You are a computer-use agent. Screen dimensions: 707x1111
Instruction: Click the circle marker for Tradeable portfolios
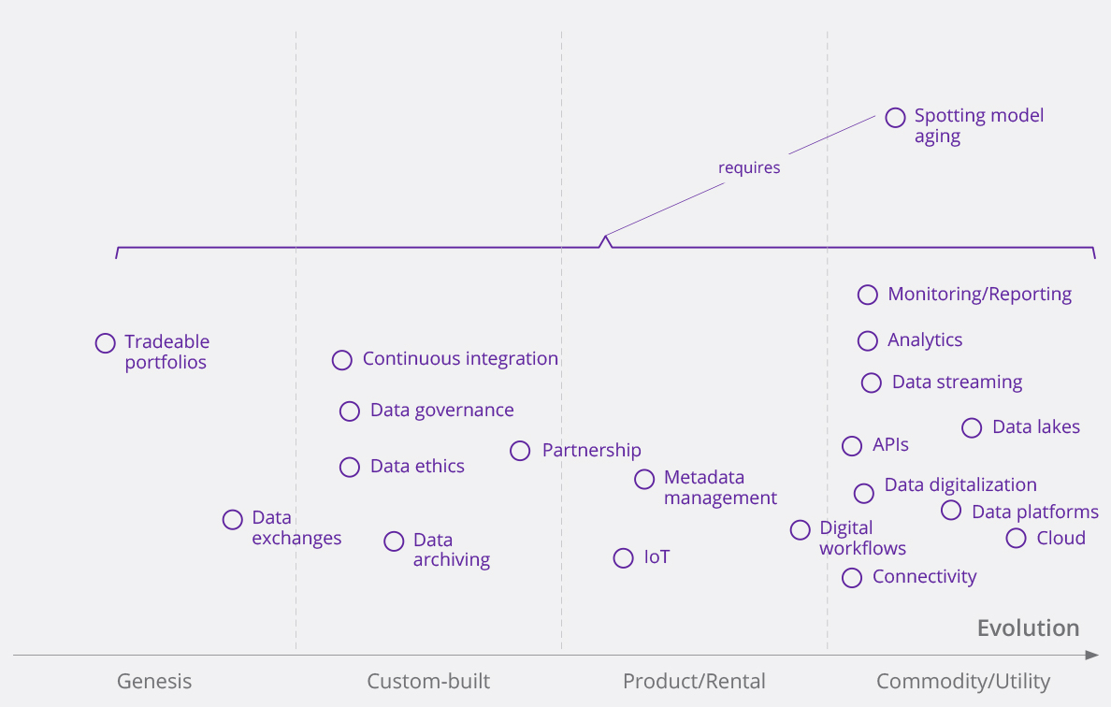[106, 343]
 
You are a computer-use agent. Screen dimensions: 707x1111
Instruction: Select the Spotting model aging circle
[895, 117]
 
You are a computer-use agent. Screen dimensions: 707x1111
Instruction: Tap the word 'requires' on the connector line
[749, 168]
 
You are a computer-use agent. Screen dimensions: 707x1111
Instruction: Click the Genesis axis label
[154, 681]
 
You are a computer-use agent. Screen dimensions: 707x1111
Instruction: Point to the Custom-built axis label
[428, 681]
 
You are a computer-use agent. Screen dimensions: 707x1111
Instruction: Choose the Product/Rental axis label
[694, 681]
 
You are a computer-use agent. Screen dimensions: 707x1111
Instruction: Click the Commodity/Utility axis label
[963, 681]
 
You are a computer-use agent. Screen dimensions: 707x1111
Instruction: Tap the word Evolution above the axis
[1028, 628]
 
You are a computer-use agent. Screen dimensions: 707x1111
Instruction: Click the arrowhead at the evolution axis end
[1091, 655]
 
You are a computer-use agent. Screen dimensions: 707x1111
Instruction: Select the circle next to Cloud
[1017, 538]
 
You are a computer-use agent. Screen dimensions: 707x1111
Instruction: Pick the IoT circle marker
[624, 558]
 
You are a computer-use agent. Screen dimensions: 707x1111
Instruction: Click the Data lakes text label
[1036, 427]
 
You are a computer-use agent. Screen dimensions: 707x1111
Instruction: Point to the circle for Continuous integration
[342, 360]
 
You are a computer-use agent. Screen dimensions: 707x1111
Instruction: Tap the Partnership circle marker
[520, 451]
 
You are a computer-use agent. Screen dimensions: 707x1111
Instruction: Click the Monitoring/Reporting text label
[979, 295]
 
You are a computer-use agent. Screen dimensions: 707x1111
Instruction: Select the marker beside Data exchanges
[233, 520]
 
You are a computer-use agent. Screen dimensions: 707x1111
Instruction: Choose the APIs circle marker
[852, 446]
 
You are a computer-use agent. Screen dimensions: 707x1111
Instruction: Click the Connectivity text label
[924, 577]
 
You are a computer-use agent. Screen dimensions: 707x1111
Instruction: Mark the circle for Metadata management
[644, 480]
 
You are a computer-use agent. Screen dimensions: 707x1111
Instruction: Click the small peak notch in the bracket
[606, 239]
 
